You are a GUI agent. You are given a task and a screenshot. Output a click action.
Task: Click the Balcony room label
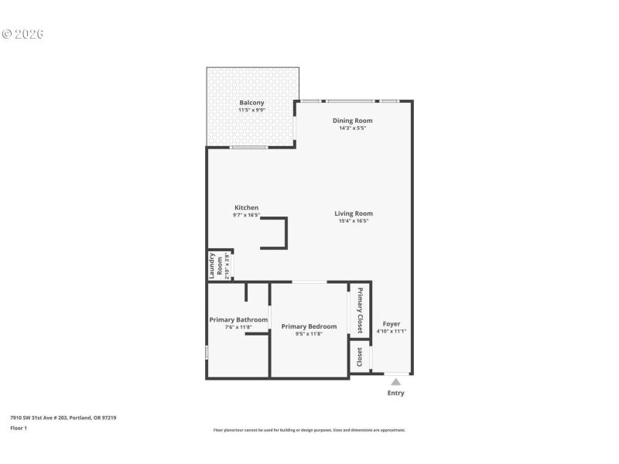[251, 103]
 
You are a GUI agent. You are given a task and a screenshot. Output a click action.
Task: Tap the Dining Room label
[353, 121]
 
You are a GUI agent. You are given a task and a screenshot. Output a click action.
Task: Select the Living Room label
[354, 213]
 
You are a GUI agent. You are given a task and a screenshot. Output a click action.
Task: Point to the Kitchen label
[247, 207]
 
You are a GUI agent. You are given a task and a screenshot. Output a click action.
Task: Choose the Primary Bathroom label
[238, 319]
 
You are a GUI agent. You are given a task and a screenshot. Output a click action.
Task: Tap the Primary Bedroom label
[309, 326]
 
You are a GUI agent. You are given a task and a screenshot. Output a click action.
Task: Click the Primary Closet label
[360, 310]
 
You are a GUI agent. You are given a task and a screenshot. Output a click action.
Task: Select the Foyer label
[392, 323]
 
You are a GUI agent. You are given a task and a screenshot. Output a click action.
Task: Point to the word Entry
[395, 393]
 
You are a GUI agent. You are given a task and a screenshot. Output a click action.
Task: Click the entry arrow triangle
[396, 381]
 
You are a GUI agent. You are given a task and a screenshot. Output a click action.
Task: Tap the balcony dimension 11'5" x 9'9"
[251, 111]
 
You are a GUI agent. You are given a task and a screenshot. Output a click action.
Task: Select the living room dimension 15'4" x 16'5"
[354, 221]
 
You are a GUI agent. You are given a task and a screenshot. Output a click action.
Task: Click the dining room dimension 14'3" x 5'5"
[353, 128]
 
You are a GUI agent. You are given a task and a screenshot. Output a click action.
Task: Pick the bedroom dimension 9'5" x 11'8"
[309, 334]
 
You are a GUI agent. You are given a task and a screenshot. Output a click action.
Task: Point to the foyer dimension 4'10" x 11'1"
[392, 331]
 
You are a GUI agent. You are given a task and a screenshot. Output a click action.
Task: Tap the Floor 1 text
[19, 428]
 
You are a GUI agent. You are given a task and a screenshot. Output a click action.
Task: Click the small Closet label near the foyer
[360, 357]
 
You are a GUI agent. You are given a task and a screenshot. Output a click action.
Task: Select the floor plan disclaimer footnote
[309, 430]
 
